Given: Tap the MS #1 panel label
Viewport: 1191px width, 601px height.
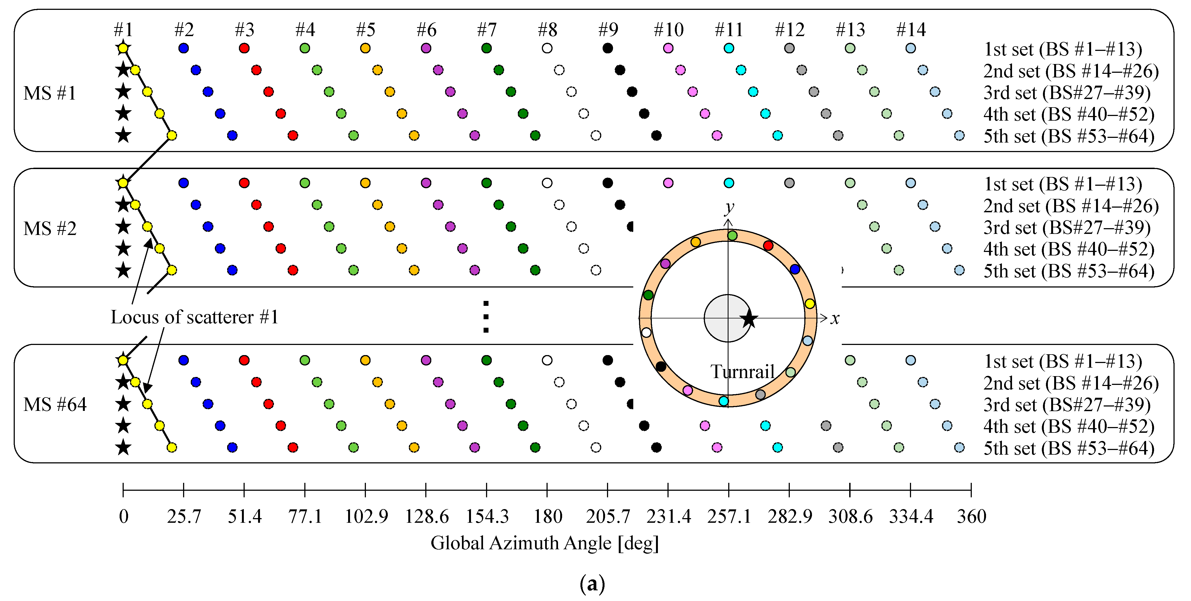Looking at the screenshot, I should click(x=50, y=93).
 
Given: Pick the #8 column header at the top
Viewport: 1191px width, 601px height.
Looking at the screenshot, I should click(x=547, y=30).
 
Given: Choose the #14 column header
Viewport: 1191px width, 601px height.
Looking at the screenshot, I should click(x=910, y=30).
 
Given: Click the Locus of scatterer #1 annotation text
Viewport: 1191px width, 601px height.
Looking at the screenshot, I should click(x=195, y=317).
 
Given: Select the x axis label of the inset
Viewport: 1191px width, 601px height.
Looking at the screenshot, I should click(x=834, y=318).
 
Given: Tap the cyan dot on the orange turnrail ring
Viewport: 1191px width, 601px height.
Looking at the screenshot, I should click(x=724, y=401).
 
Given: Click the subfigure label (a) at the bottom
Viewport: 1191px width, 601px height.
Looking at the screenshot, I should click(x=592, y=584).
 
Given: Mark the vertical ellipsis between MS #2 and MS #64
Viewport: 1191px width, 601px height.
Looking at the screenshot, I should click(x=485, y=317).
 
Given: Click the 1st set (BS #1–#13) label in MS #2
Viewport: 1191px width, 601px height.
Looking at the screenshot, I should click(x=1062, y=184).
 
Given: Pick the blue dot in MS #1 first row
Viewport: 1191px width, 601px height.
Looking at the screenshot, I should click(x=184, y=48).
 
